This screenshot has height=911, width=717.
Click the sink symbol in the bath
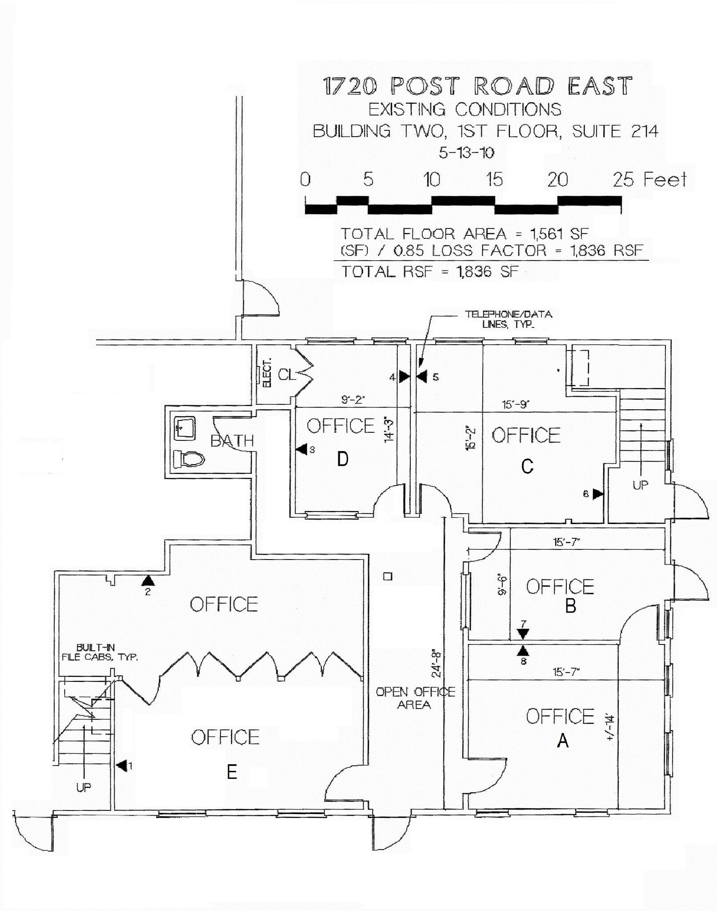tap(185, 428)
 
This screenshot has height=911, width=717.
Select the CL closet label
tap(286, 375)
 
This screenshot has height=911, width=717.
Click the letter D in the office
tap(342, 459)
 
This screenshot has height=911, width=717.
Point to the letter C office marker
tap(527, 467)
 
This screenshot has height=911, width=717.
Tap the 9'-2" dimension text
tap(353, 400)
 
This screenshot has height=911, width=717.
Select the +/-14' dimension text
tap(610, 727)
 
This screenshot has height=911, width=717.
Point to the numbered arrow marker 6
tap(597, 494)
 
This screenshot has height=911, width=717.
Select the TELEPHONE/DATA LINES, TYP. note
tap(508, 319)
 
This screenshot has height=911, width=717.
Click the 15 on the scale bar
tap(494, 180)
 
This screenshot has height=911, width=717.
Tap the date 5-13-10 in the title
tap(466, 153)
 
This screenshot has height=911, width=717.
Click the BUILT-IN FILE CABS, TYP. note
tap(100, 652)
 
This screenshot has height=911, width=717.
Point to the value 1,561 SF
tap(559, 234)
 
